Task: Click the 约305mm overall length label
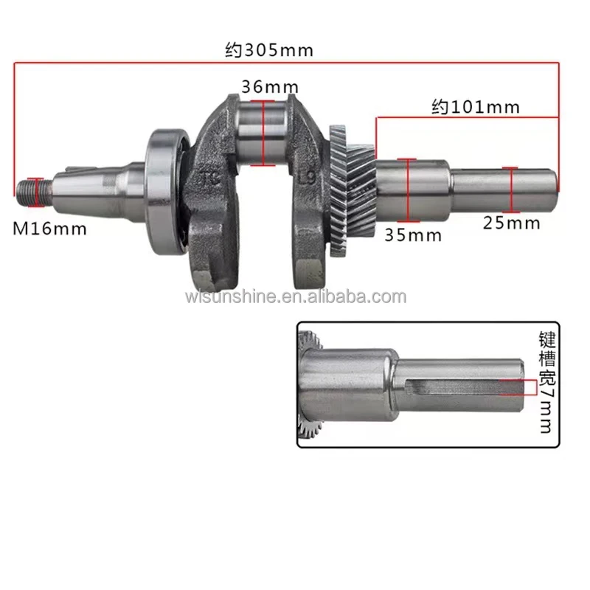point(269,50)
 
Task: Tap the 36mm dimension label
point(270,87)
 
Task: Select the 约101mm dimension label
point(476,107)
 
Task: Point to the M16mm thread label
point(49,229)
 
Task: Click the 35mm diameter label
point(413,235)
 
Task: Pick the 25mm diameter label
point(512,223)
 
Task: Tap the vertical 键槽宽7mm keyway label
point(546,381)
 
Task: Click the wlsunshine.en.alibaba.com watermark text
point(296,297)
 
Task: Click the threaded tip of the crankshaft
point(33,192)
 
